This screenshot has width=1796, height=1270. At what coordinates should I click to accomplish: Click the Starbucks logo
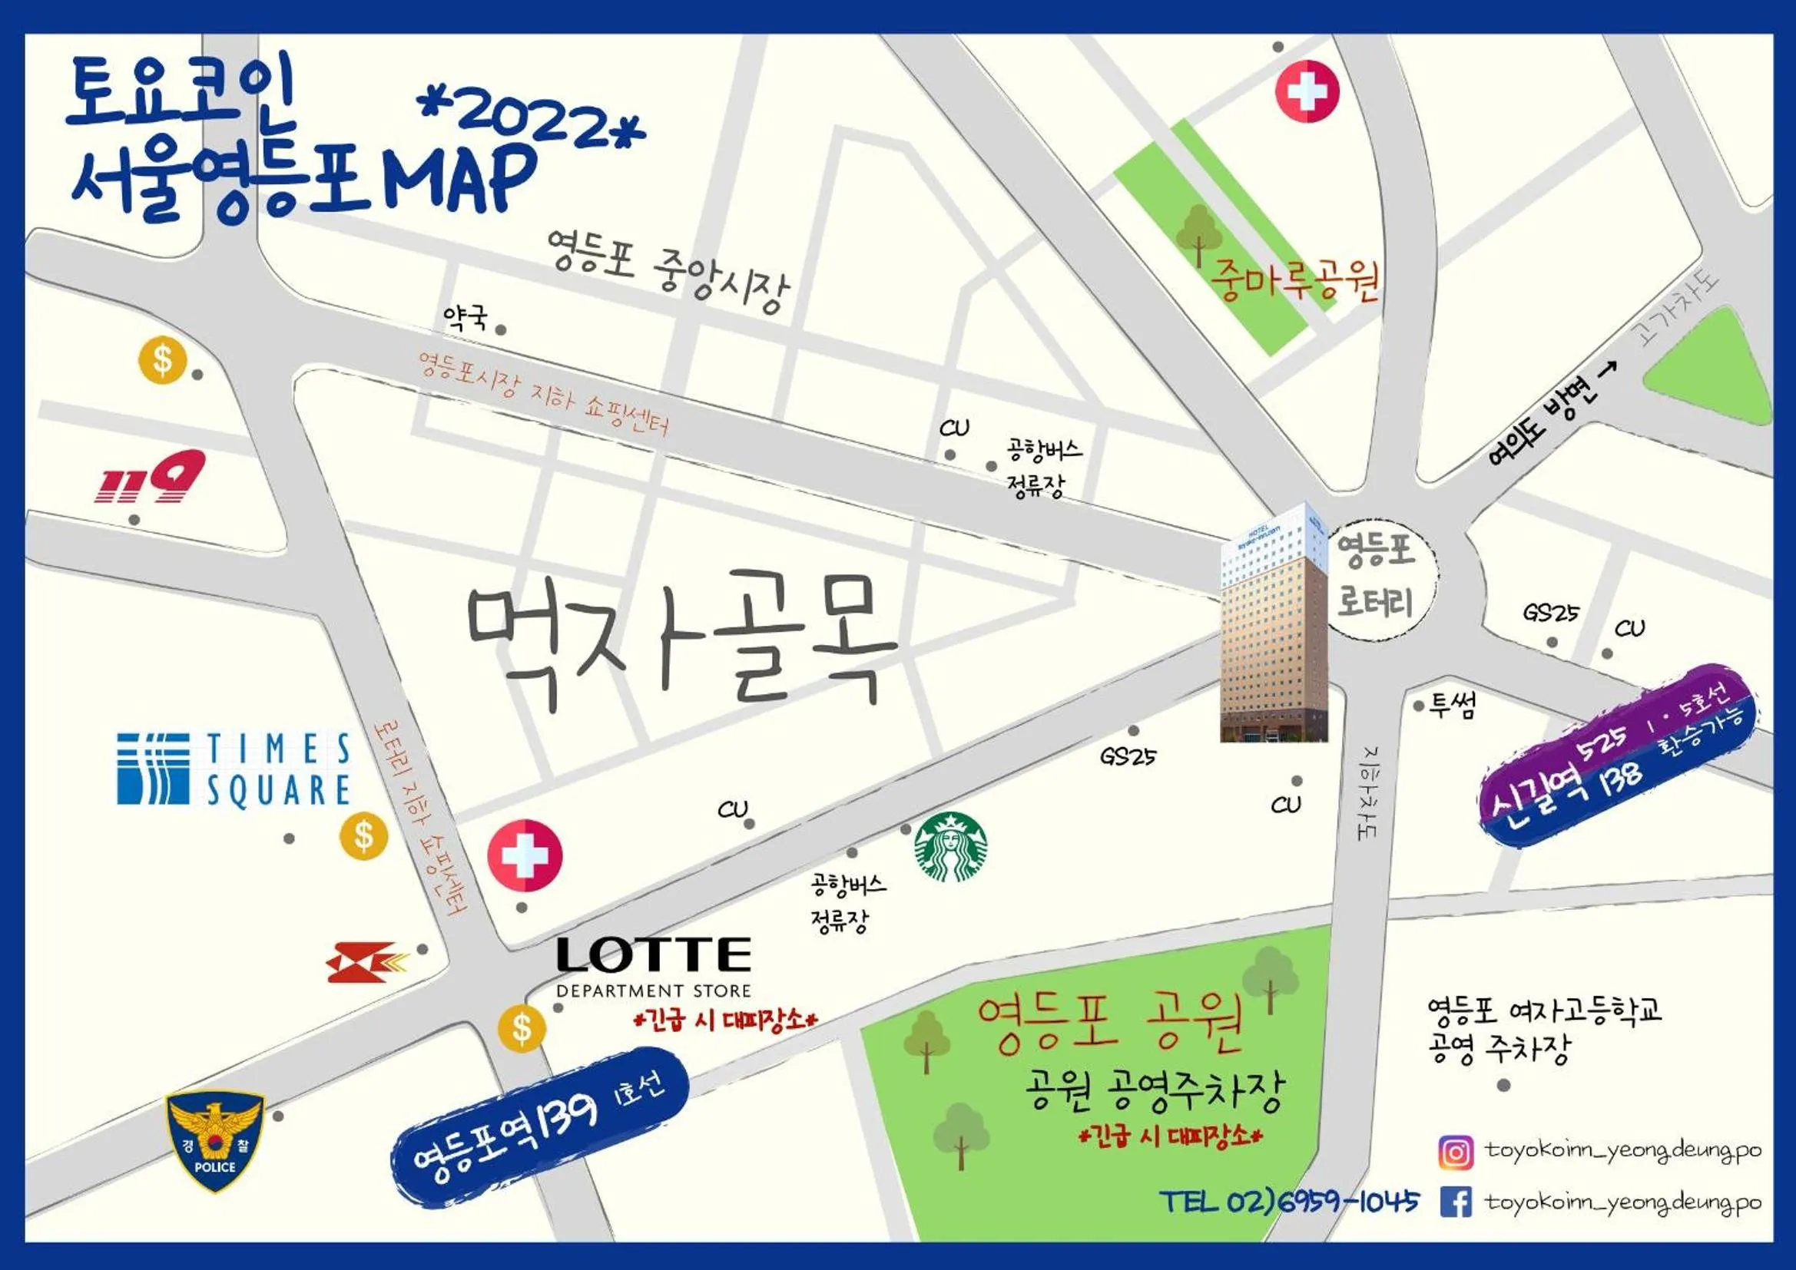pos(950,848)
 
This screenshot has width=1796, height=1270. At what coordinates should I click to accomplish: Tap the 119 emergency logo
pos(151,477)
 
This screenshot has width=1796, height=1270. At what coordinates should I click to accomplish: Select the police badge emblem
pos(215,1142)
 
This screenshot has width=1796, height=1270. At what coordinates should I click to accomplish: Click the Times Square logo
pos(233,769)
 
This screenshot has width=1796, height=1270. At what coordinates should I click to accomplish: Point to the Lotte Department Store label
pos(654,967)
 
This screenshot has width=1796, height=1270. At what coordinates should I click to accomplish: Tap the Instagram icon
pos(1456,1153)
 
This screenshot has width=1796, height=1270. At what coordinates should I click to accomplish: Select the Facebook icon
pos(1456,1202)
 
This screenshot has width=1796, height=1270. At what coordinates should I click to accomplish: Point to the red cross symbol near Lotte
pos(525,855)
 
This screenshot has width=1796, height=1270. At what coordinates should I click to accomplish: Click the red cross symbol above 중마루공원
pos(1307,91)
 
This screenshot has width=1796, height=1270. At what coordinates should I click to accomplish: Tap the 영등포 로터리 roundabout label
pos(1376,577)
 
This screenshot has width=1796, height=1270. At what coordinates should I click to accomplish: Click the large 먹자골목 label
pos(681,637)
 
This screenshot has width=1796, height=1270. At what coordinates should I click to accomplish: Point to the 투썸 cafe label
pos(1453,706)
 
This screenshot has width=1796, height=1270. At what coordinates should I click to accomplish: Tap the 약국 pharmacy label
pos(466,316)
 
